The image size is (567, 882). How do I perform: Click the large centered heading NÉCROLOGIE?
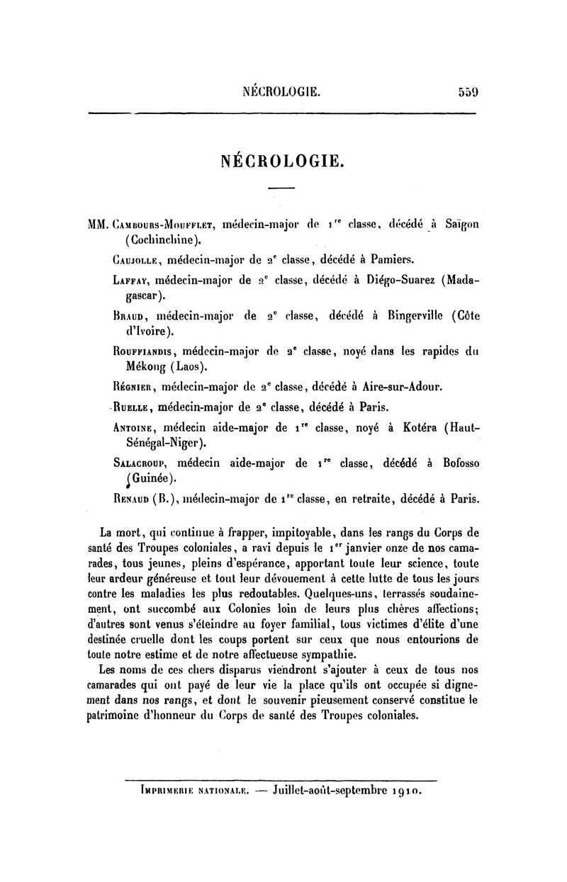[283, 159]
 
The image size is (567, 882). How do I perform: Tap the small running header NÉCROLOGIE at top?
[282, 91]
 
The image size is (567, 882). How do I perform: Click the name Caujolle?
[138, 259]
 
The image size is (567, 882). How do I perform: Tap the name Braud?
[129, 315]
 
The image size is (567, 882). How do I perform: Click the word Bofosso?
[455, 464]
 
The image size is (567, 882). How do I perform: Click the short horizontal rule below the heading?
[281, 188]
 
